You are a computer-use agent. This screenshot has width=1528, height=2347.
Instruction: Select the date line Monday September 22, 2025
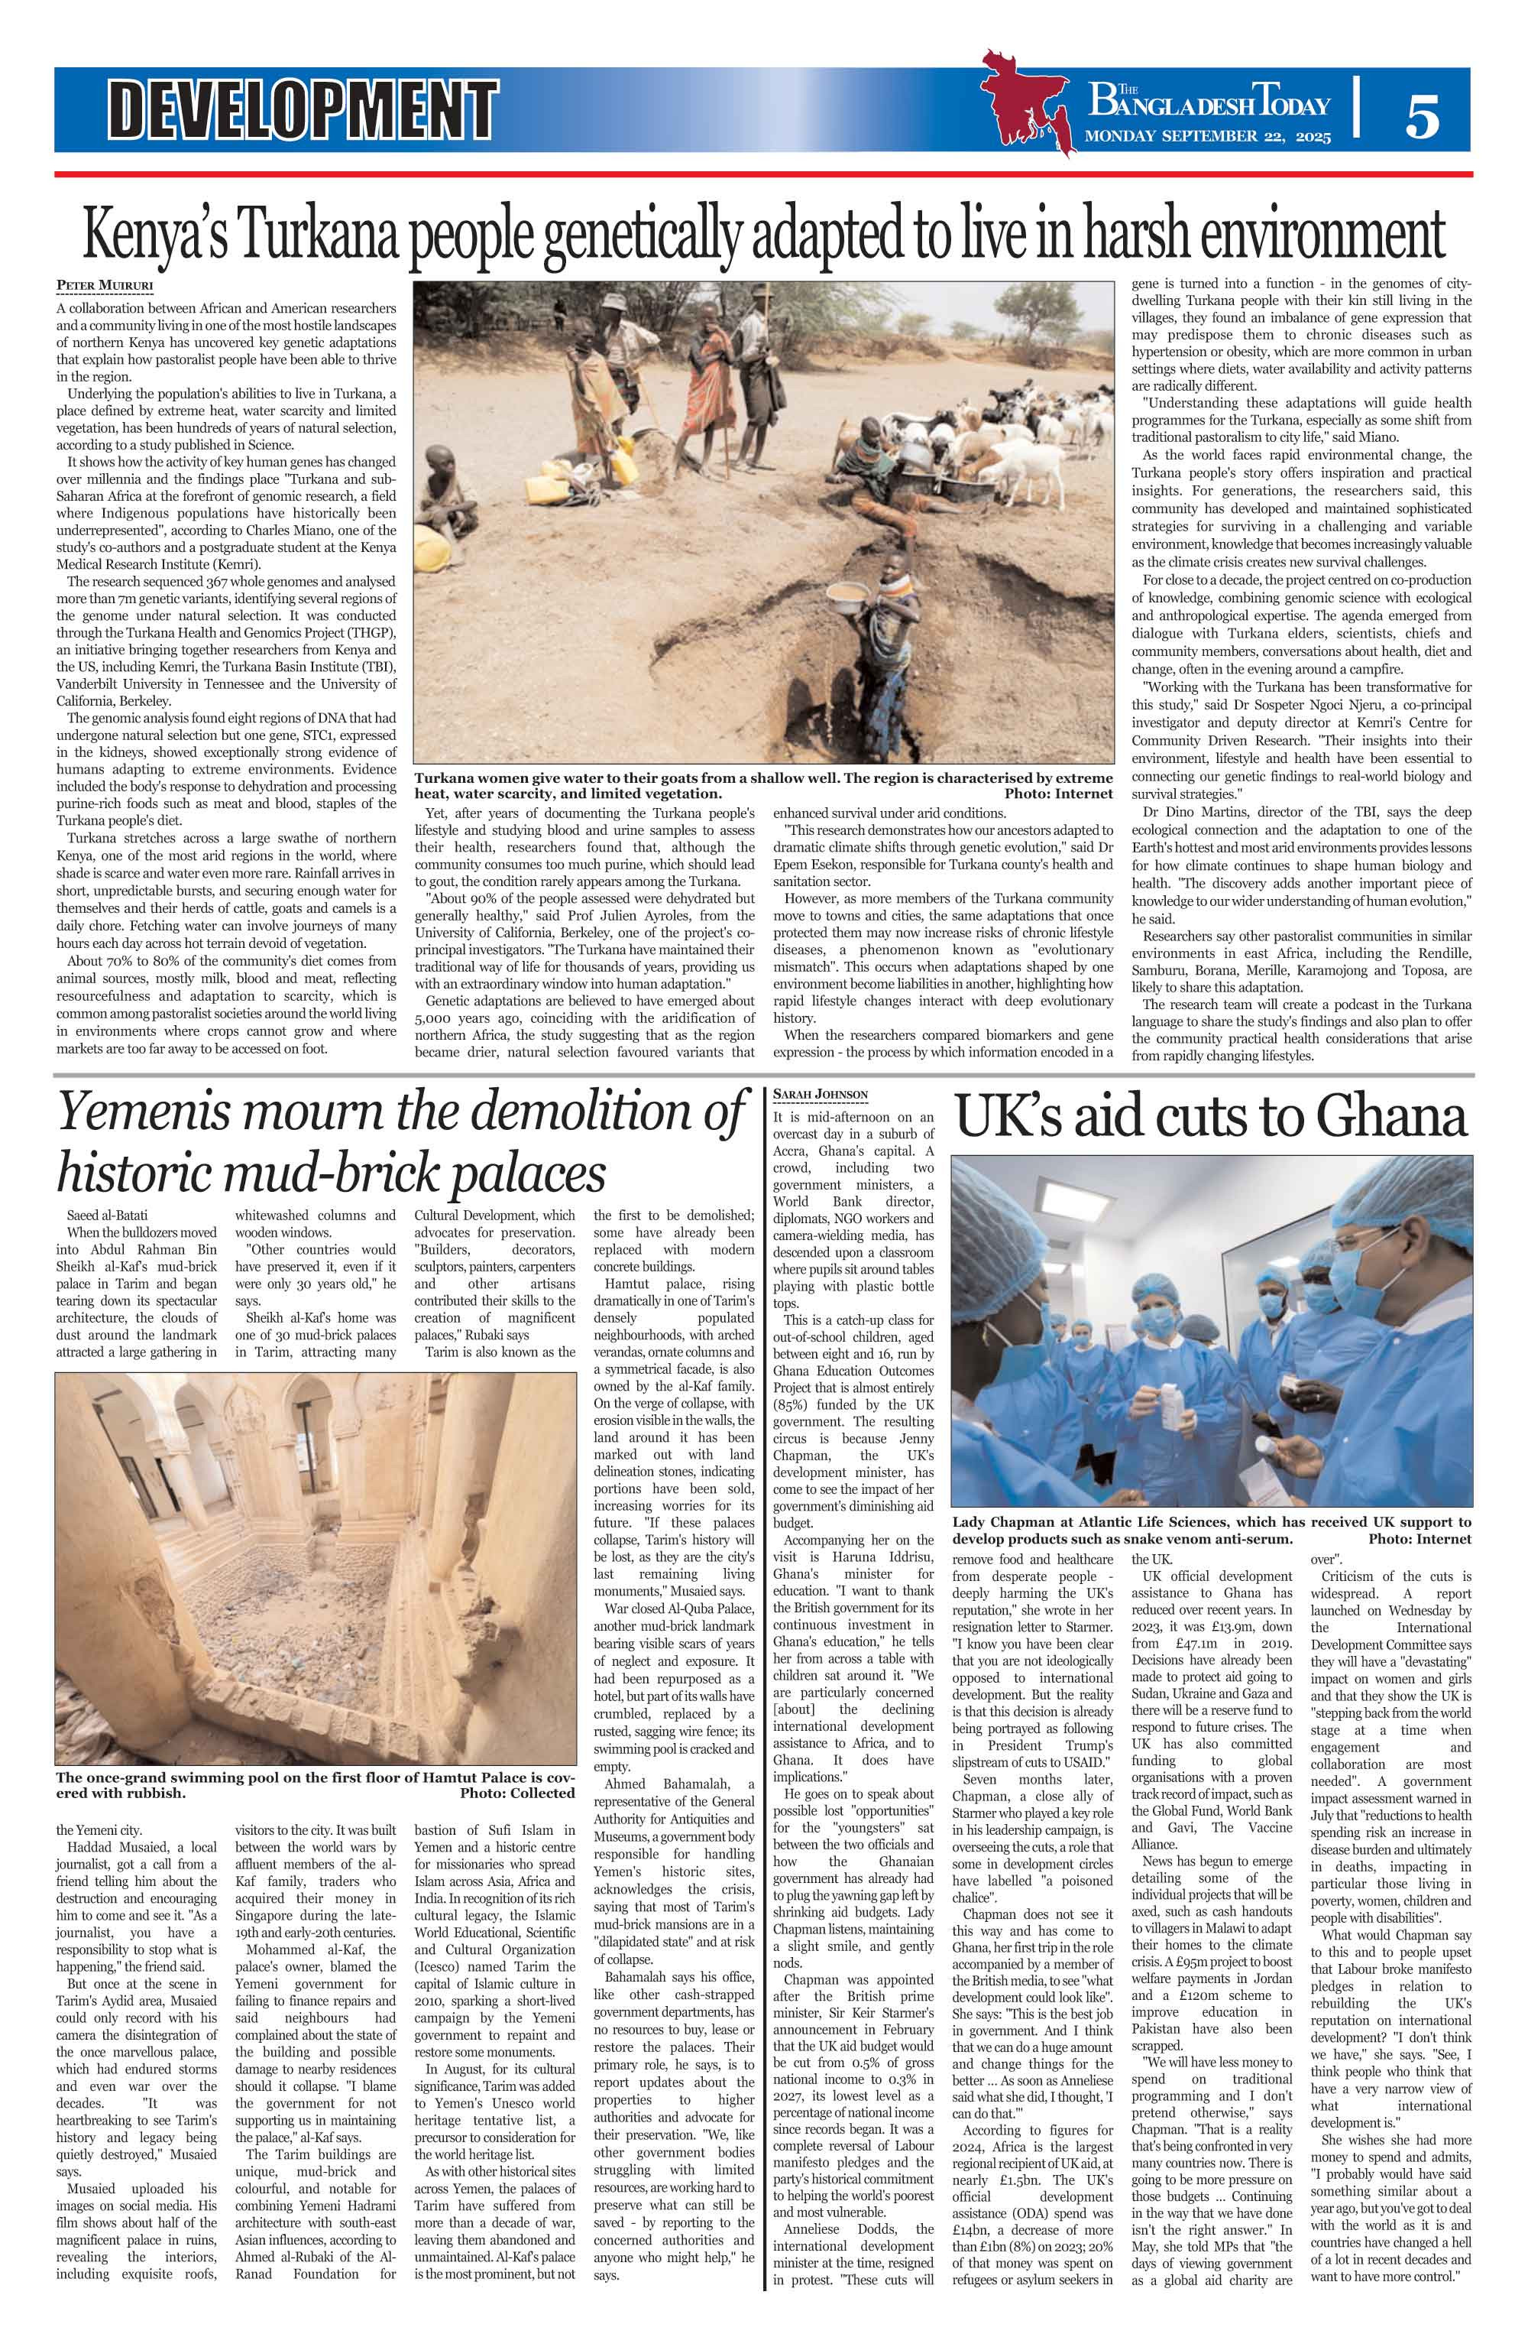[x=1208, y=137]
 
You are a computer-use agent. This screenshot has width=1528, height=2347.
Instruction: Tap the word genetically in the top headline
[x=645, y=234]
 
